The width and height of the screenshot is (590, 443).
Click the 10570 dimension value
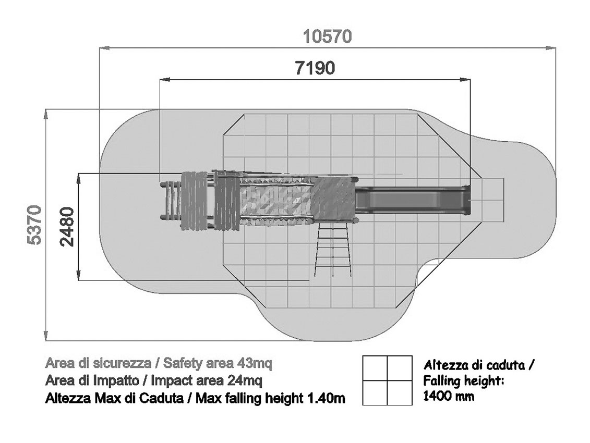tap(327, 36)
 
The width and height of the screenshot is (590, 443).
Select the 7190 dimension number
tap(315, 68)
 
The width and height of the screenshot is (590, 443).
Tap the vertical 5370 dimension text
tap(34, 225)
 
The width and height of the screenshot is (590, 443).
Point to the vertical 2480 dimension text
tap(67, 227)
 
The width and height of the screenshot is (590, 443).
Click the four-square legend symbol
tap(387, 380)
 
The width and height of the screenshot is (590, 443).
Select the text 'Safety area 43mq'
tap(218, 363)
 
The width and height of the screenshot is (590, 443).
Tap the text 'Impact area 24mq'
tap(206, 380)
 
